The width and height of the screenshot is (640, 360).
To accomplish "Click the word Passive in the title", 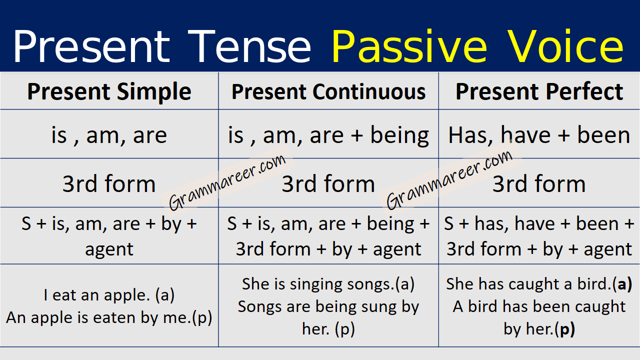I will tap(409, 46).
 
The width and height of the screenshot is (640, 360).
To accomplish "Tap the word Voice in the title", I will tap(565, 46).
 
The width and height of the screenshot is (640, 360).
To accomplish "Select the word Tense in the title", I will tap(252, 46).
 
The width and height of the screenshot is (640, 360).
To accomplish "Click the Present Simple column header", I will tap(109, 92).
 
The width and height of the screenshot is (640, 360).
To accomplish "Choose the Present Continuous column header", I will tap(328, 92).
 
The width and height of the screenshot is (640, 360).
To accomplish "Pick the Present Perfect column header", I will tap(539, 92).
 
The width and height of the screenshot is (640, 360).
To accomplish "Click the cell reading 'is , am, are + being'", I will tap(328, 135).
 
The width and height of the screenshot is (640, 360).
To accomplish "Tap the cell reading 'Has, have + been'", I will tap(539, 135).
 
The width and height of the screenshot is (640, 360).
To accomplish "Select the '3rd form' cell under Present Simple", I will tap(109, 184).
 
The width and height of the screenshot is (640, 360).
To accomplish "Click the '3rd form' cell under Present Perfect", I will tap(539, 184).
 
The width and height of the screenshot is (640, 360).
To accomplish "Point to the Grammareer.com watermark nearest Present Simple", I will tap(227, 182).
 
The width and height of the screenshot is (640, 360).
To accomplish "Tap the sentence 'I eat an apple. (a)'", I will tap(109, 295).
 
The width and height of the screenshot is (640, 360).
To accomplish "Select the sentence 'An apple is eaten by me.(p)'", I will tap(109, 317).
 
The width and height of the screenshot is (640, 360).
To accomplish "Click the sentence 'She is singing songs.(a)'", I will tap(328, 284).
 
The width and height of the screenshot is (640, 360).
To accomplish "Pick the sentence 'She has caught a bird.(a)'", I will tap(539, 284).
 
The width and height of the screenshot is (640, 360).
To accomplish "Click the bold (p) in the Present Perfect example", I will tap(566, 328).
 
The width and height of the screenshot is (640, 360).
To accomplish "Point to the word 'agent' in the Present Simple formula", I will tap(109, 249).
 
